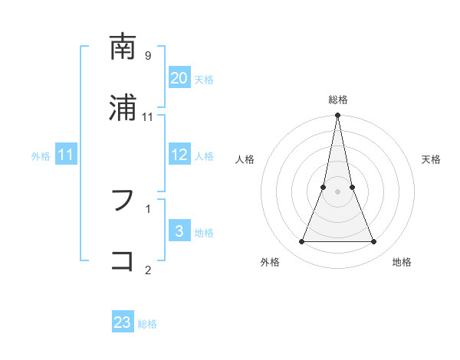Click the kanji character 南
coord(123,48)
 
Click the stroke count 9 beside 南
coord(147,56)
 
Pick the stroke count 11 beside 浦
coord(148,116)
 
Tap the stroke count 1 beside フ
coord(147,208)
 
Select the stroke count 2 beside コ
coord(147,269)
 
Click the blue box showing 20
coord(179,78)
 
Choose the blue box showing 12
coord(179,155)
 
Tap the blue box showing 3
coord(179,231)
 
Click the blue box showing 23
coord(123,322)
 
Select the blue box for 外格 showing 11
coord(66,155)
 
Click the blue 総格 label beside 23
coord(148,324)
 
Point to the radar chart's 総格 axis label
coord(337,100)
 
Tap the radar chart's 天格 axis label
coord(432,159)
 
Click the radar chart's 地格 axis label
coord(402,263)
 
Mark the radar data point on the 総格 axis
coord(337,116)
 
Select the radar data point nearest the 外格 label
coord(301,242)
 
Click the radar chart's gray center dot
coord(337,192)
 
